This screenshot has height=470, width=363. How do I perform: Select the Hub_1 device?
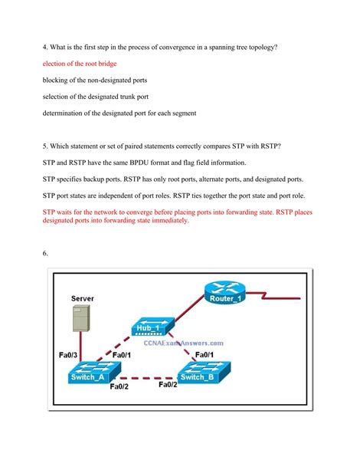click(x=152, y=327)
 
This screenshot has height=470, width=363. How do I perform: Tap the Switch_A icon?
click(x=95, y=373)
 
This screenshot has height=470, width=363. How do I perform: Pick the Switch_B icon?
click(x=204, y=373)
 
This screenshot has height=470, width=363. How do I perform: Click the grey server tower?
click(x=81, y=318)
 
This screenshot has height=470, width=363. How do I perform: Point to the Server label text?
click(x=83, y=298)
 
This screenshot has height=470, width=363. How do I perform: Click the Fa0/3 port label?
click(x=68, y=355)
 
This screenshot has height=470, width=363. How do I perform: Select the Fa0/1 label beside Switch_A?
click(x=122, y=355)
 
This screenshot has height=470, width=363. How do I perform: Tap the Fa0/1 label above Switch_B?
click(x=204, y=355)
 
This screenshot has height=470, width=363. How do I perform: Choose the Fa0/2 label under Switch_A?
click(x=119, y=386)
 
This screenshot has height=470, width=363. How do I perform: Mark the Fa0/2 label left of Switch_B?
click(x=168, y=385)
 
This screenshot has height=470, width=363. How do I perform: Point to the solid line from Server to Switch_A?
click(x=80, y=347)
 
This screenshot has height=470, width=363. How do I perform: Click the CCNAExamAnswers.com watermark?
click(x=183, y=343)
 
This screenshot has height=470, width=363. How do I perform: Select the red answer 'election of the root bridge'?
click(x=80, y=64)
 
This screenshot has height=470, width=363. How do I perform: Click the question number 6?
click(x=45, y=253)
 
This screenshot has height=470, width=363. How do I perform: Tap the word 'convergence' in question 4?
click(x=177, y=48)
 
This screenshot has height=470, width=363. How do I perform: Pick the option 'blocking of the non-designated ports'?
click(x=95, y=81)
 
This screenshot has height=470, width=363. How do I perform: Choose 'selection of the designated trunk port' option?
click(x=95, y=97)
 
